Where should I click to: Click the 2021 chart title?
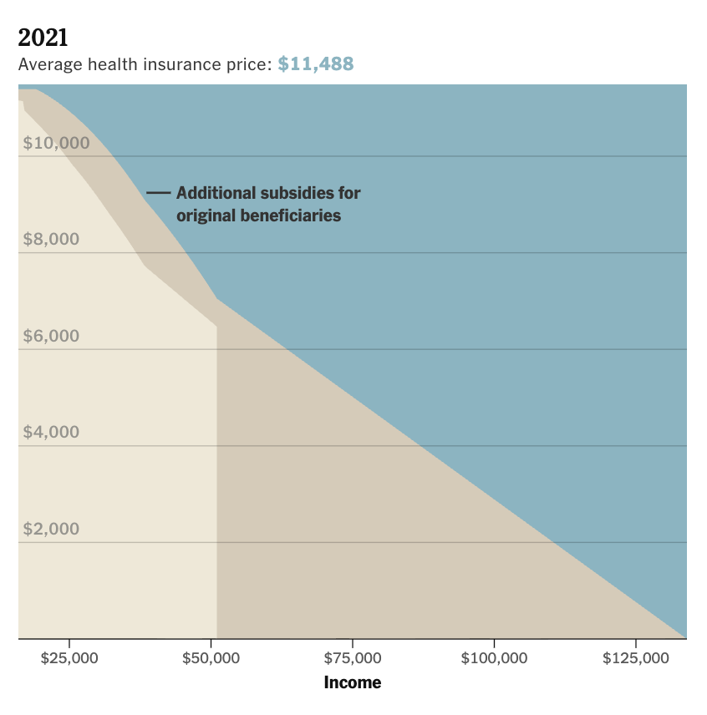[43, 38]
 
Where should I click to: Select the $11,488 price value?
[316, 63]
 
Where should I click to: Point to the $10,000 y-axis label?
[56, 143]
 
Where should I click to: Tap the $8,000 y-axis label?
[51, 240]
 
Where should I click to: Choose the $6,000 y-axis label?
[51, 337]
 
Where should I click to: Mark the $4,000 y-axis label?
[51, 433]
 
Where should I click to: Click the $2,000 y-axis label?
[51, 530]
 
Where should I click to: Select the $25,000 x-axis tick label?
[69, 658]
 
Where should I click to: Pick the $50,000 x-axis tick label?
[211, 658]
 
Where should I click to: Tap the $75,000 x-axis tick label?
[353, 658]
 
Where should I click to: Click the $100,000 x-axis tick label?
[494, 658]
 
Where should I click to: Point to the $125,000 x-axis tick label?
[636, 658]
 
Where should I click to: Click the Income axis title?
[353, 682]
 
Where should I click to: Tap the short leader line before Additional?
[158, 193]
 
